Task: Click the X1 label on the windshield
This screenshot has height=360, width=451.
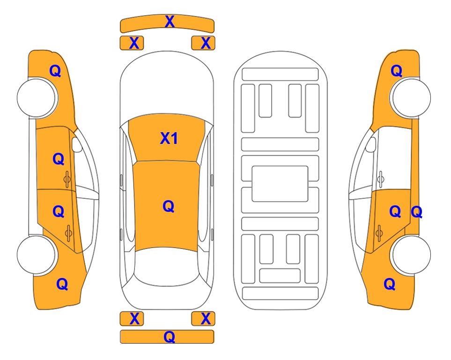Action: (169, 138)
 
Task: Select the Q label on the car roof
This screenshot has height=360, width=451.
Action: (169, 206)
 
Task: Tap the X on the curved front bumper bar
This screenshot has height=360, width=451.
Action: (170, 22)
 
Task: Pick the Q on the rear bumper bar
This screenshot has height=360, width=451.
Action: (170, 337)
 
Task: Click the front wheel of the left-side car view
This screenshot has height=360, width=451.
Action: (37, 97)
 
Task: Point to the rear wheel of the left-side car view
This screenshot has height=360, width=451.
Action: (37, 255)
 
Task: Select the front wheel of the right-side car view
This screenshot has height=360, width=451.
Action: (411, 97)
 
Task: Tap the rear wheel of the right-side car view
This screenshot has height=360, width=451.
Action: (411, 255)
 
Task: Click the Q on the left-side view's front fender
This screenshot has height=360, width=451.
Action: (55, 71)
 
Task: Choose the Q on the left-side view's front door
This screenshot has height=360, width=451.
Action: (59, 159)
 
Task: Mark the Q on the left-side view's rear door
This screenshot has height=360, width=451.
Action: (59, 212)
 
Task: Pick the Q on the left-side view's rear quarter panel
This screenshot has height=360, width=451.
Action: (62, 284)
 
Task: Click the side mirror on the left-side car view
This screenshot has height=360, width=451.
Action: (77, 144)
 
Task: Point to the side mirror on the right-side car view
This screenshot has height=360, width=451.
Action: (371, 144)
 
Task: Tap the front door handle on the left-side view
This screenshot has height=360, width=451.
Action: (67, 179)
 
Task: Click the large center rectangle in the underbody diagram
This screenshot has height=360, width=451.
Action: (280, 184)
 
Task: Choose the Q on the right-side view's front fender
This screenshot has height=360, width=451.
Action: (396, 71)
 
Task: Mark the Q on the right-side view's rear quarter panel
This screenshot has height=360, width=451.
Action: (390, 284)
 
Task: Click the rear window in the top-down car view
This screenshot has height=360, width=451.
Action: (167, 266)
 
